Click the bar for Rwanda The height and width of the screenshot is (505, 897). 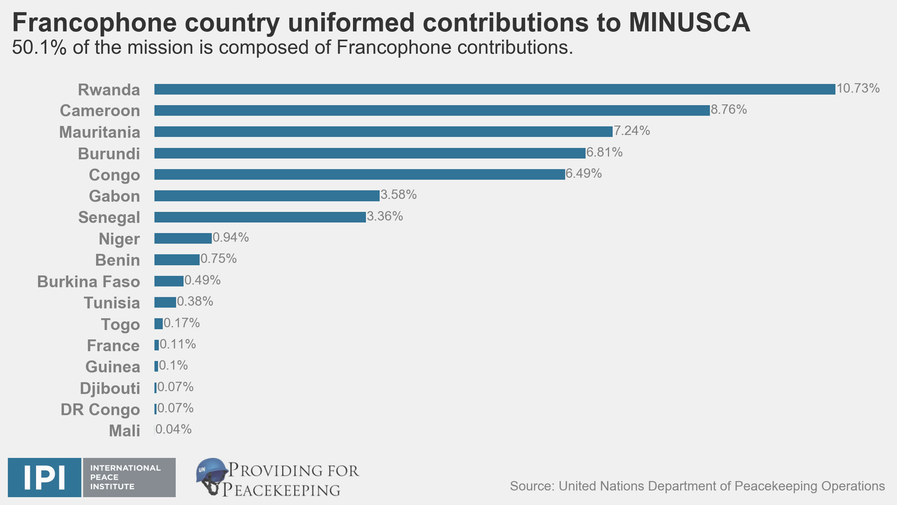(494, 89)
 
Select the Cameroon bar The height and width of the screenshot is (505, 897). (431, 110)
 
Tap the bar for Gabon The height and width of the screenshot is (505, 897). (267, 195)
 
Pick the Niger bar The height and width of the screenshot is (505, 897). (183, 238)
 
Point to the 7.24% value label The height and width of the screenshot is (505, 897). (631, 131)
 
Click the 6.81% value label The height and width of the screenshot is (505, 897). (604, 152)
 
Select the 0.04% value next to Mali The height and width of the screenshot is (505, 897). (173, 429)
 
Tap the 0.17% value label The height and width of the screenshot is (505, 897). (182, 323)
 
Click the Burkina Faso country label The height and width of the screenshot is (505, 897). (89, 282)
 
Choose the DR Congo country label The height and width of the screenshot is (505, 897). (100, 410)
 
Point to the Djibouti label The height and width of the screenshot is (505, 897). (110, 388)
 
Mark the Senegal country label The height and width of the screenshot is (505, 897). (109, 217)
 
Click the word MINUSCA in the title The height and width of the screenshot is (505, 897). (689, 22)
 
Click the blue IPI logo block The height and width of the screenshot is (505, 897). (44, 477)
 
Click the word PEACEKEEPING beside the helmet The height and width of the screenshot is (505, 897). (281, 490)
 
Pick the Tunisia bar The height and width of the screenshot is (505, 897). (165, 302)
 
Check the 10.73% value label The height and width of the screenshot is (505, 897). (858, 88)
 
